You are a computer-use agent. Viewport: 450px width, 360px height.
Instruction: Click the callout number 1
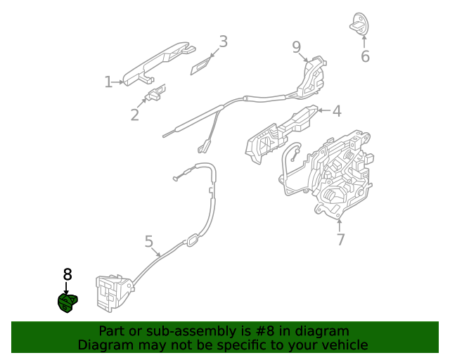click(x=108, y=82)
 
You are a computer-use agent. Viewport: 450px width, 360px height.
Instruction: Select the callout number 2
click(x=134, y=115)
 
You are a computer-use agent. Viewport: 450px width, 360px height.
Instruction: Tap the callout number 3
click(x=223, y=41)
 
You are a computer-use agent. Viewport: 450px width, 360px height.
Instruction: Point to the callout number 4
click(x=337, y=111)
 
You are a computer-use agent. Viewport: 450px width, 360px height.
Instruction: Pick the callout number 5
click(x=149, y=242)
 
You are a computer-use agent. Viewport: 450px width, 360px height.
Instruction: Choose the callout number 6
click(x=365, y=56)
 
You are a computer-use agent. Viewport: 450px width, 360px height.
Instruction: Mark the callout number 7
click(x=340, y=239)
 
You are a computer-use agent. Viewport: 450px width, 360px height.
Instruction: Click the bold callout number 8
click(x=67, y=274)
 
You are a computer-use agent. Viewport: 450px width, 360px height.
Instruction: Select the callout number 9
click(x=297, y=47)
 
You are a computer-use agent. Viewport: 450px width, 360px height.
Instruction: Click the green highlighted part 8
click(x=67, y=303)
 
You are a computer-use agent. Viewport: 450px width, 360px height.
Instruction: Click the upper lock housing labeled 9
click(x=311, y=76)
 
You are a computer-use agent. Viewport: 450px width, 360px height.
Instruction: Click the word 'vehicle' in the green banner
click(x=344, y=345)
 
